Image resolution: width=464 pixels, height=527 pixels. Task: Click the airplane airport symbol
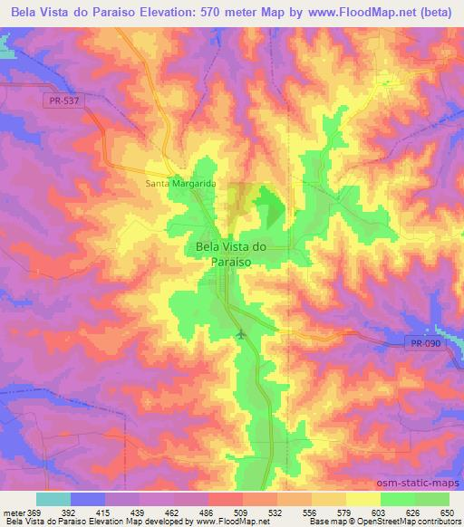pyautogui.click(x=240, y=337)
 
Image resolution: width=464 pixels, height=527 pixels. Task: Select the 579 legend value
pyautogui.click(x=343, y=513)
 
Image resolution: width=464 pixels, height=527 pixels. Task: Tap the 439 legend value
pyautogui.click(x=137, y=513)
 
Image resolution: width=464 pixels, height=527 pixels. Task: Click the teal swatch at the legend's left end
pyautogui.click(x=53, y=499)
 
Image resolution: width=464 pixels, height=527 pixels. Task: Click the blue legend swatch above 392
pyautogui.click(x=87, y=499)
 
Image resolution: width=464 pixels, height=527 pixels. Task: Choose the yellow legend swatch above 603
pyautogui.click(x=362, y=499)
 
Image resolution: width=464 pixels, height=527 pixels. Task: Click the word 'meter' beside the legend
pyautogui.click(x=13, y=513)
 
